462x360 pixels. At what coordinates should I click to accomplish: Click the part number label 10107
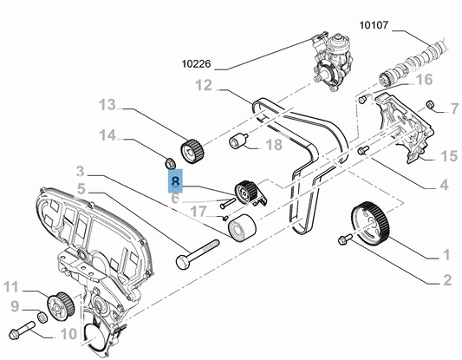[x=374, y=25]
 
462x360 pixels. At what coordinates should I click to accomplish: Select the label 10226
[x=196, y=63]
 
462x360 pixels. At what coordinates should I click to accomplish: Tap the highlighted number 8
[x=175, y=180]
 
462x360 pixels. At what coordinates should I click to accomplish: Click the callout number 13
[x=107, y=105]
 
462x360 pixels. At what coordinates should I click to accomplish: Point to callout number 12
[x=204, y=86]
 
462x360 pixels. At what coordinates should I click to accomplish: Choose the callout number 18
[x=274, y=145]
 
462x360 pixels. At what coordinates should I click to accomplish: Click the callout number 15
[x=449, y=156]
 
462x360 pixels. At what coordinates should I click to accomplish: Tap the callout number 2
[x=447, y=280]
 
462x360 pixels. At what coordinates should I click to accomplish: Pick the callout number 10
[x=68, y=334]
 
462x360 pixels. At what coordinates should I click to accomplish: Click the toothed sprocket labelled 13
[x=192, y=151]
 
